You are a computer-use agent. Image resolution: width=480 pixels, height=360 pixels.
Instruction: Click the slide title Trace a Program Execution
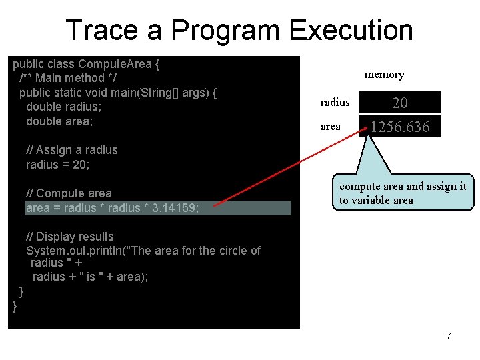(239, 31)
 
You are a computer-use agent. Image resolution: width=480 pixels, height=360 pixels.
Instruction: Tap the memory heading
(384, 75)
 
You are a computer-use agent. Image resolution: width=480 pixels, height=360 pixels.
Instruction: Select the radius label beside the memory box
(335, 102)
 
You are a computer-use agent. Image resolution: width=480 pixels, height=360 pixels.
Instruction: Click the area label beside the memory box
(330, 126)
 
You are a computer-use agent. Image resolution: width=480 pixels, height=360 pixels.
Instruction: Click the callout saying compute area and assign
(403, 193)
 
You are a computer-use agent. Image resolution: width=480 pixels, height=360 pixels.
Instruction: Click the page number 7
(449, 336)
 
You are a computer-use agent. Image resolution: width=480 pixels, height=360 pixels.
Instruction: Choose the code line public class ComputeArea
(86, 65)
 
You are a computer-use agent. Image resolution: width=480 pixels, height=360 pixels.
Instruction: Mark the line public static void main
(118, 93)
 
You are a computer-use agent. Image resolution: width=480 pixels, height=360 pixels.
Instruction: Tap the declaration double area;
(59, 121)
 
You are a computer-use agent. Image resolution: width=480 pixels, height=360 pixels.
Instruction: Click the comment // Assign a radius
(71, 150)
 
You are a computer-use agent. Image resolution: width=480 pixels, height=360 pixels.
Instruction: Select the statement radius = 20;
(57, 165)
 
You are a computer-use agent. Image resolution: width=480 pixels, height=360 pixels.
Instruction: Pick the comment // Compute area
(69, 193)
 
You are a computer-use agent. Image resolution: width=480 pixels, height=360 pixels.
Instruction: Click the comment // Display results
(69, 237)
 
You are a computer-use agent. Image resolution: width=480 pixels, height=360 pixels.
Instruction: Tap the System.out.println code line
(143, 251)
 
